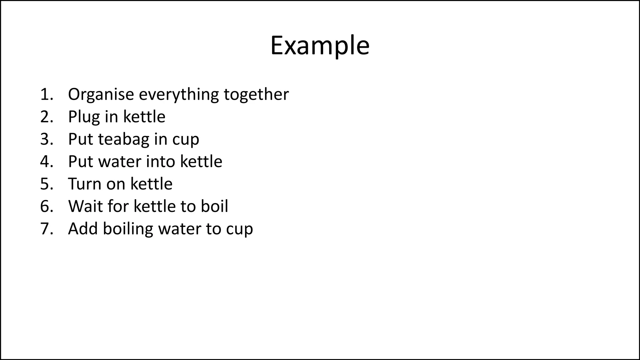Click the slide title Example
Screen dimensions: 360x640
[x=320, y=46]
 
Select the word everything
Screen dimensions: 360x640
[x=179, y=95]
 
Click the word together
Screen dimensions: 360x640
[x=256, y=95]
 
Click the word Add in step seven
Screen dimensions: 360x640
[x=83, y=228]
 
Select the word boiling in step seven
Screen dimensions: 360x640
[x=128, y=229]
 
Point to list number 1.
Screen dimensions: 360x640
[x=46, y=94]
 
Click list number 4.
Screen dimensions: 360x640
[x=46, y=162]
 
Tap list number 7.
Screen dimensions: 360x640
[x=46, y=229]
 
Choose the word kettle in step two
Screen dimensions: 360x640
[x=144, y=117]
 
